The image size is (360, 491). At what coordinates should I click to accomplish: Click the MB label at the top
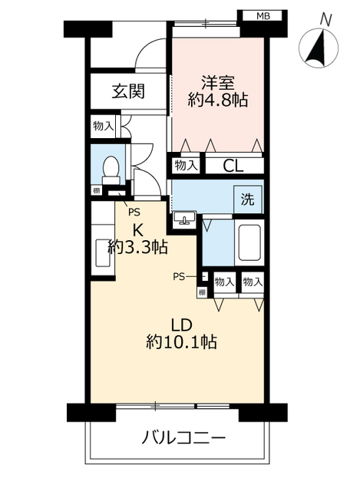(x=263, y=15)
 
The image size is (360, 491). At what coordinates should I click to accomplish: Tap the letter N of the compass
(x=326, y=19)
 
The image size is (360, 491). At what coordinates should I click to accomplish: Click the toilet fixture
(x=111, y=169)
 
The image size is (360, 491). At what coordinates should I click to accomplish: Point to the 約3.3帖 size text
(x=138, y=246)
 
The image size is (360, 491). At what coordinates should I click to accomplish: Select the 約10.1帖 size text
(x=181, y=341)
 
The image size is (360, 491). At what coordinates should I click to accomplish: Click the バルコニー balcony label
(x=185, y=440)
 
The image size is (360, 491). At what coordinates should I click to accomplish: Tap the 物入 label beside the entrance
(x=103, y=127)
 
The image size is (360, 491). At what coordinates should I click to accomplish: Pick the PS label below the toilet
(x=134, y=213)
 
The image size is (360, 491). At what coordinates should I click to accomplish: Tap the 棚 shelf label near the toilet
(x=97, y=191)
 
